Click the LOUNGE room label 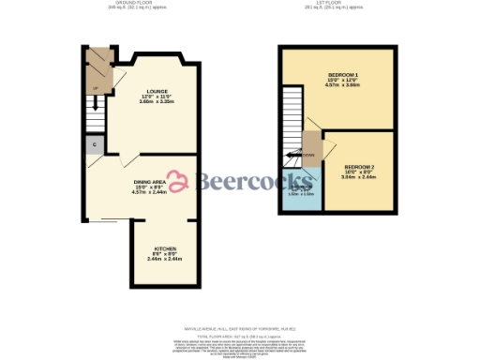(x=142, y=91)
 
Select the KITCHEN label (x=164, y=248)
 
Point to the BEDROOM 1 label (x=342, y=73)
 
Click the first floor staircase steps (x=293, y=117)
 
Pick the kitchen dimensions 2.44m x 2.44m (x=164, y=260)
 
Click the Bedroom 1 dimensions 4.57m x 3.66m (x=342, y=84)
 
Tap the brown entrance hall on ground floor (x=97, y=66)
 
